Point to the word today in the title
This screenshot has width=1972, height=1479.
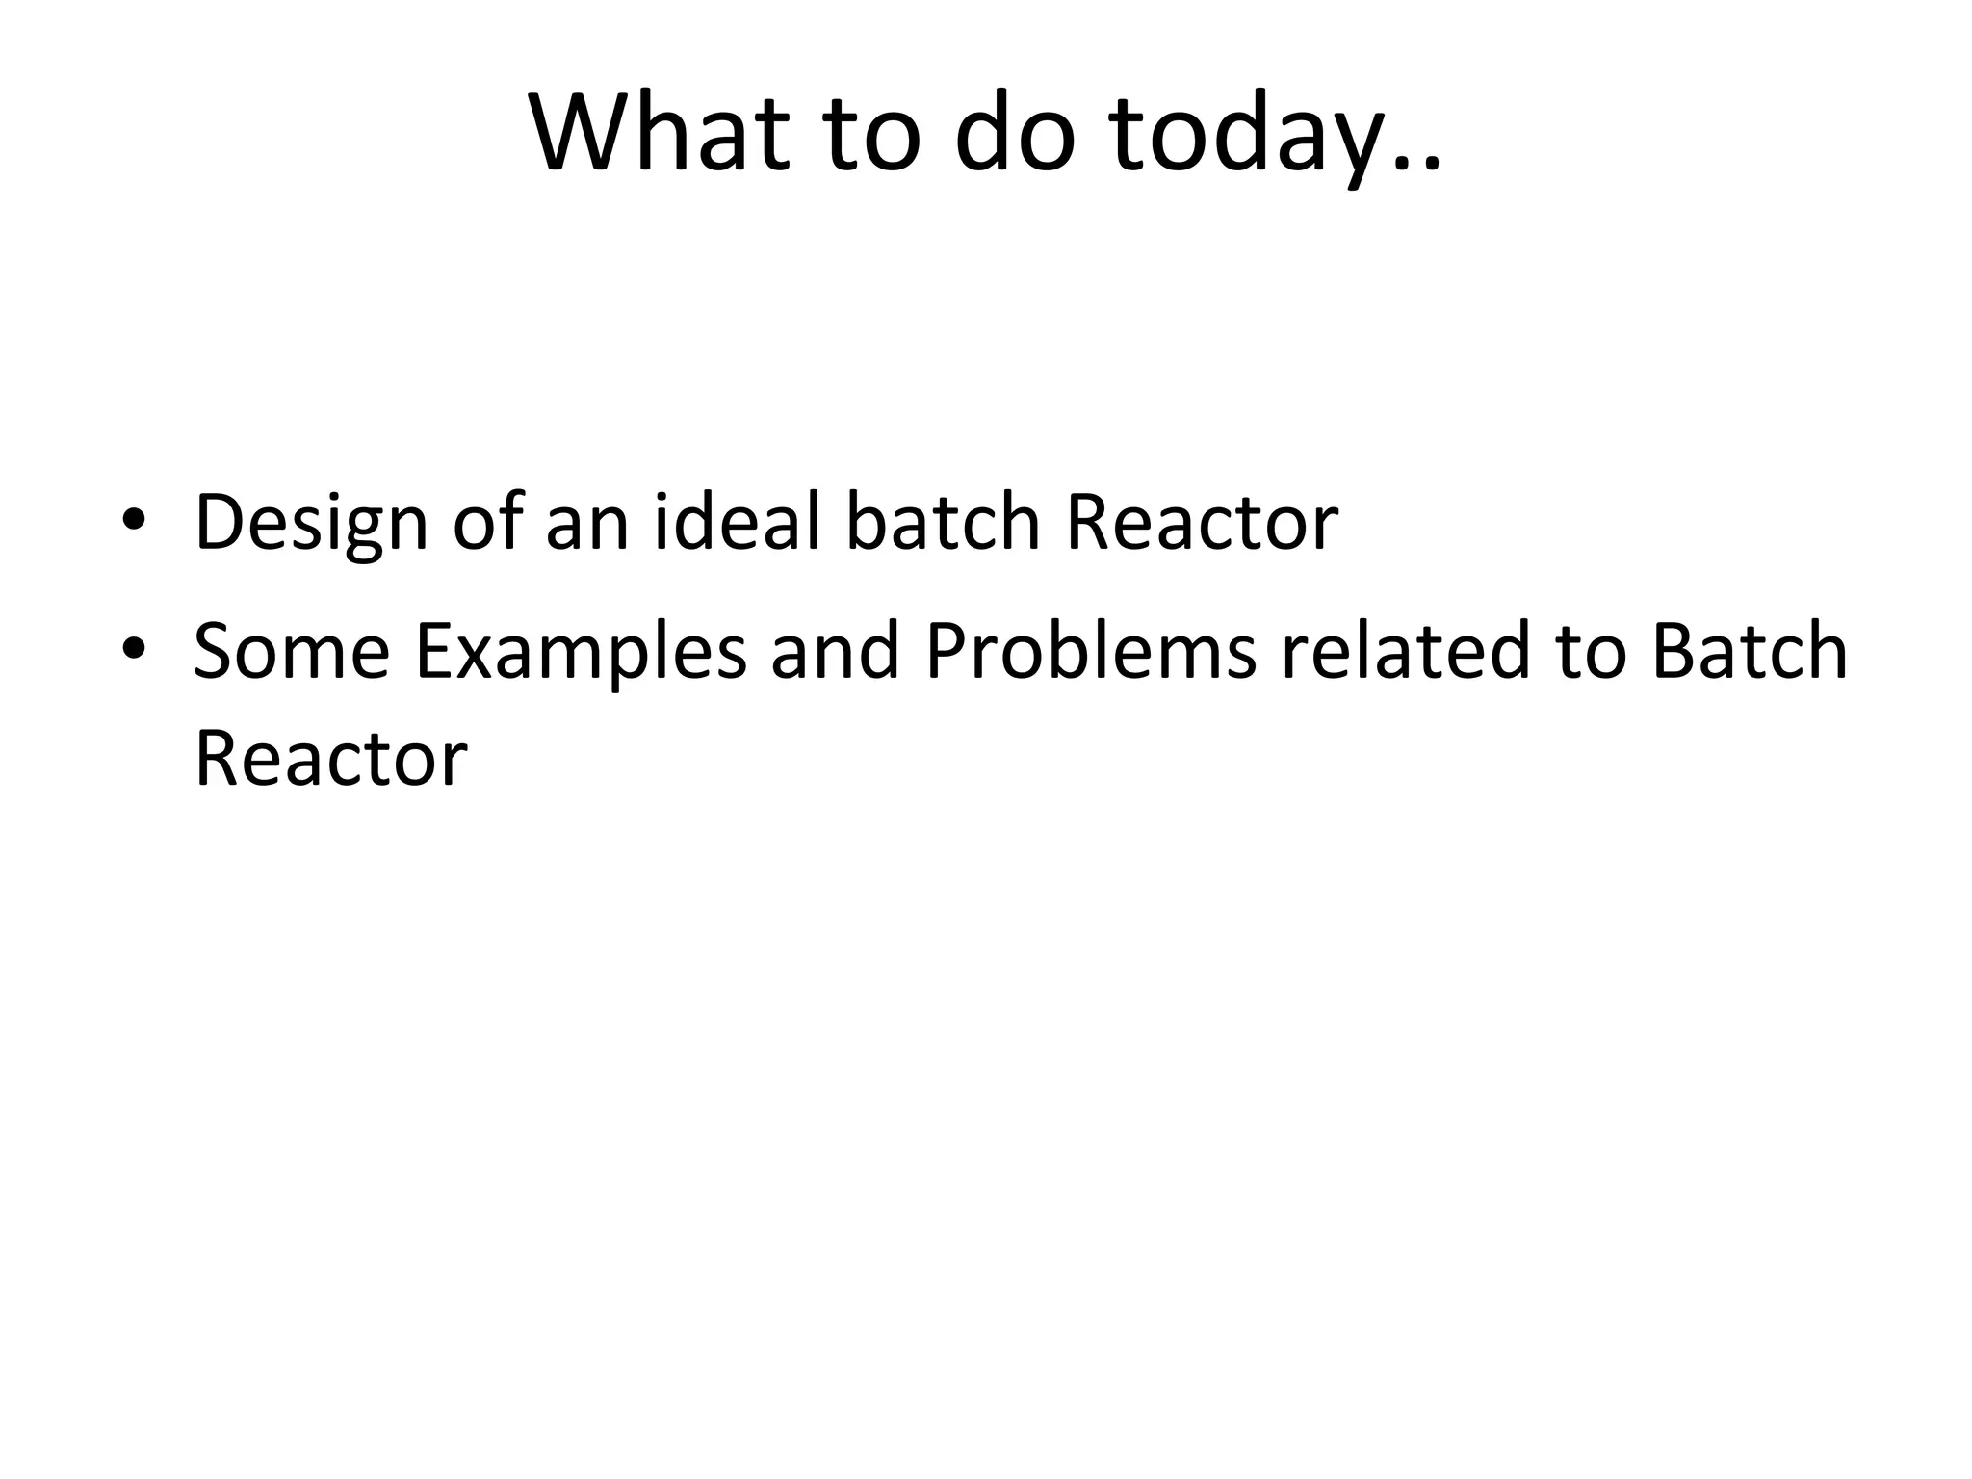(1261, 135)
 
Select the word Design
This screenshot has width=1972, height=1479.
(310, 524)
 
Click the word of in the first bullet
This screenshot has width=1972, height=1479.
(488, 522)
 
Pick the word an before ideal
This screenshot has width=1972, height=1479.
(586, 524)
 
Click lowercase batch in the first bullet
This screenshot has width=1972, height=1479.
(943, 522)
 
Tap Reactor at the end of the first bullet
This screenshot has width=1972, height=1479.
(1202, 524)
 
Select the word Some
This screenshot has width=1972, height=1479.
(291, 651)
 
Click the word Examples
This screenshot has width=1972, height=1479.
(581, 653)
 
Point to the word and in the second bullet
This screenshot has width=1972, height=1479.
(835, 651)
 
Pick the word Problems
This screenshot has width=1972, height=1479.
(1091, 651)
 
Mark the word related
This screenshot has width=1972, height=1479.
(1405, 651)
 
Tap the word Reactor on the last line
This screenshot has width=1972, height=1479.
(330, 759)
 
